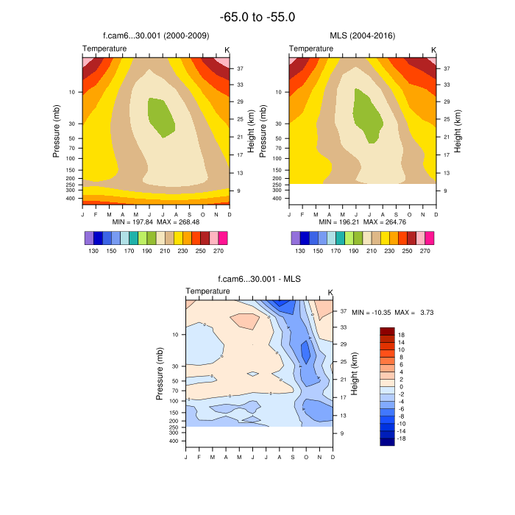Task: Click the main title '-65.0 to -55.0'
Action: (257, 17)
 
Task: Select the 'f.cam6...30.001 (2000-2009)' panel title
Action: (155, 36)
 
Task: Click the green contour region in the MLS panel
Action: (366, 114)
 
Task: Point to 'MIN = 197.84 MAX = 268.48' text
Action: (155, 221)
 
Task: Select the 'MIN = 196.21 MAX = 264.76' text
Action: (362, 221)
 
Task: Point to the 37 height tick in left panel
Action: (240, 68)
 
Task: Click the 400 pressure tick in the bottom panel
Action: (174, 441)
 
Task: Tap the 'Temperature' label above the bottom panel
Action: (207, 291)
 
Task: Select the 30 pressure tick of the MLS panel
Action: (278, 124)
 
